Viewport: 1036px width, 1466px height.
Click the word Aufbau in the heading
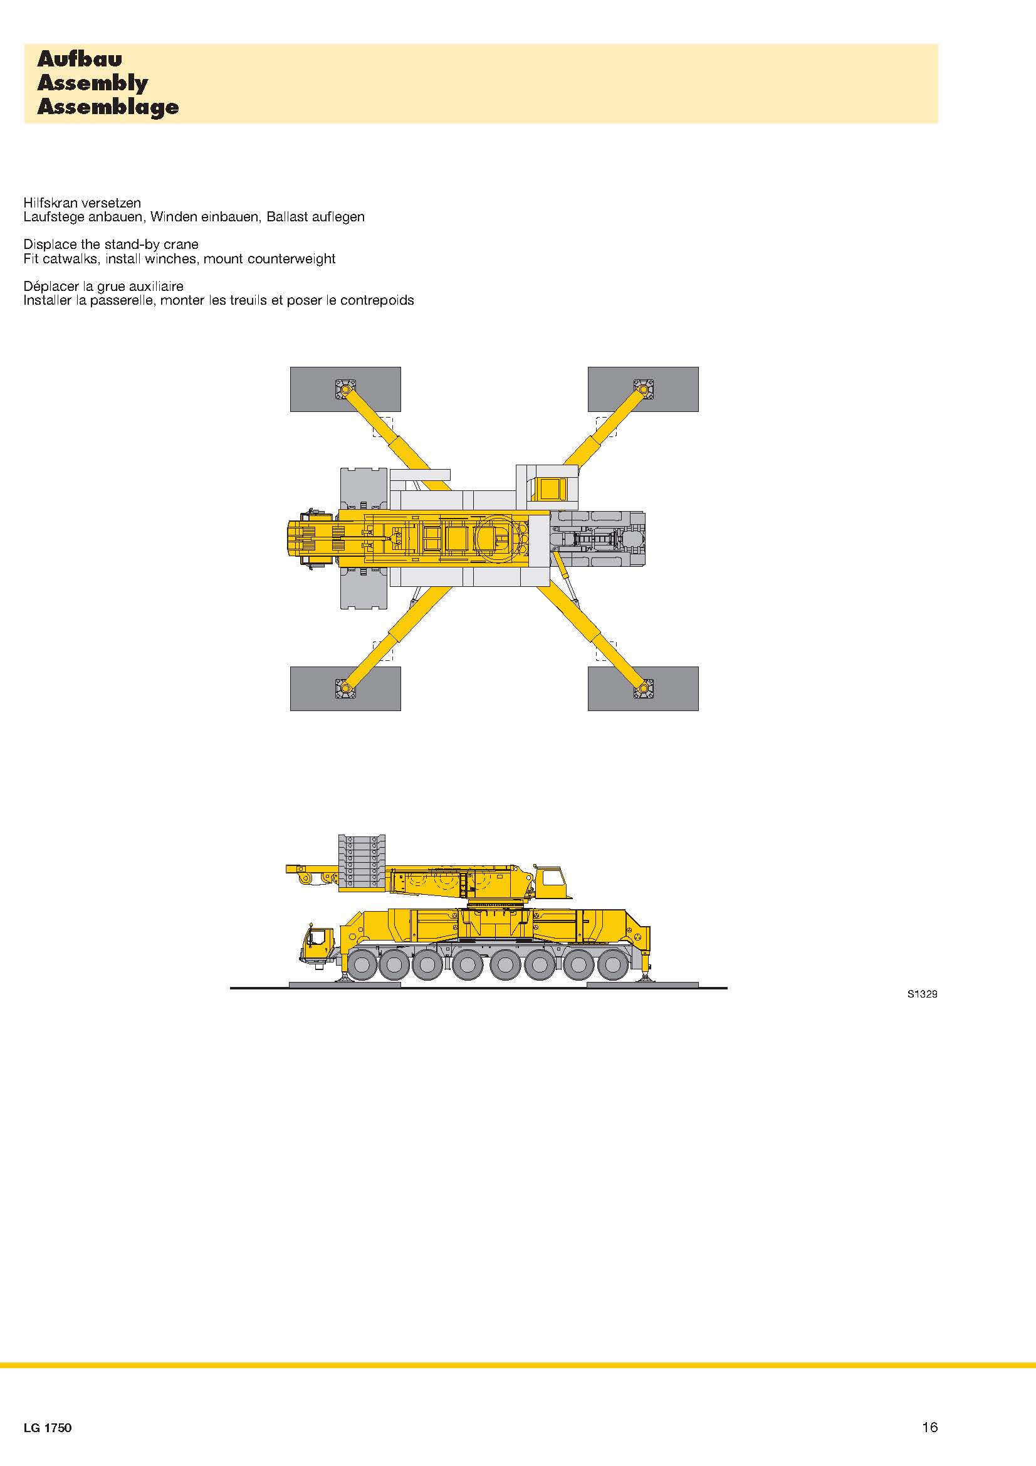tap(79, 60)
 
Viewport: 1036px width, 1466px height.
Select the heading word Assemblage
tap(108, 107)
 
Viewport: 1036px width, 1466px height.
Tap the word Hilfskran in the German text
tap(53, 203)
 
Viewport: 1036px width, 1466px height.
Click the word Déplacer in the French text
tap(51, 286)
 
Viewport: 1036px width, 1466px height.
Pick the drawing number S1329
tap(923, 994)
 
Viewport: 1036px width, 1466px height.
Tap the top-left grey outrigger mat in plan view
tap(345, 389)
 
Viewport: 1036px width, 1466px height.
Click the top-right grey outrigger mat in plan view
tap(643, 389)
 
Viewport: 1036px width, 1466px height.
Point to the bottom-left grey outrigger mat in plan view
tap(345, 688)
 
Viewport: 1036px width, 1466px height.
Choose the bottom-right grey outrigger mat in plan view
tap(643, 688)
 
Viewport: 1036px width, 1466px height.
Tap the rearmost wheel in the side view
tap(612, 965)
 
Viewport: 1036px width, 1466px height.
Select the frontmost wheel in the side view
tap(360, 965)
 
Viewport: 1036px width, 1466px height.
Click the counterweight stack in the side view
tap(362, 862)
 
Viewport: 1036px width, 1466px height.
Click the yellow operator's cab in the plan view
tap(551, 490)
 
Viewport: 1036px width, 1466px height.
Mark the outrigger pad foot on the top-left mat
tap(345, 389)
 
